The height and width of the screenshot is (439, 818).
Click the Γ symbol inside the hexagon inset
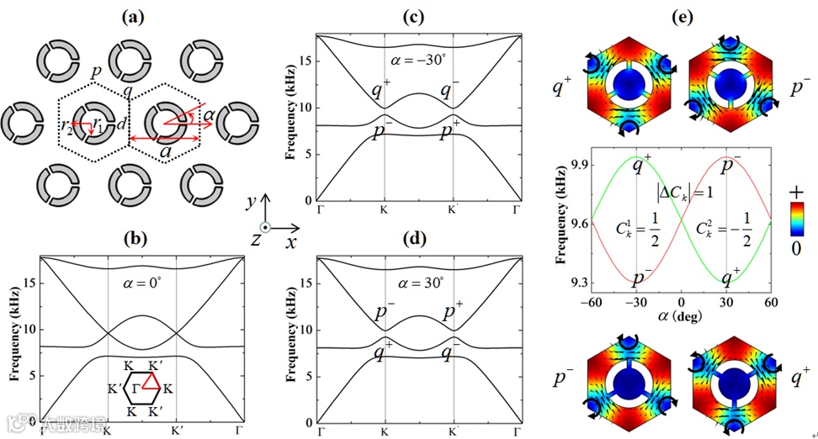136,389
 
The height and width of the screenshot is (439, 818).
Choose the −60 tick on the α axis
591,301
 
